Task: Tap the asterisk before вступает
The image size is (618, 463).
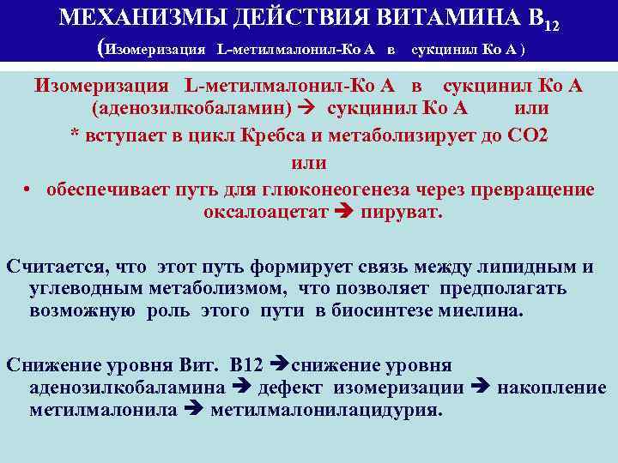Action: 75,137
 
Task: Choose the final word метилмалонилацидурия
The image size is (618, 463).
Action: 326,410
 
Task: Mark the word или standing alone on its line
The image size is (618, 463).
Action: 309,163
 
